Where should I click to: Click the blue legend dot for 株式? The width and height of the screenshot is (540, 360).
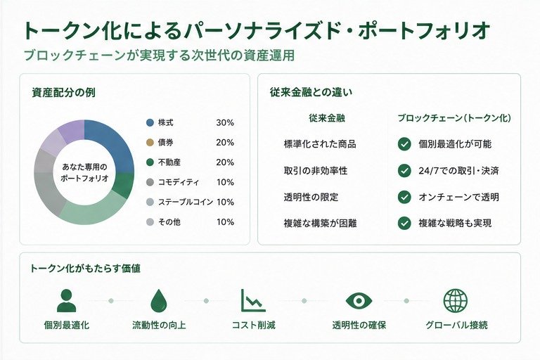tap(150, 122)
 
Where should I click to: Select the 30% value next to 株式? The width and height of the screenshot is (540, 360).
tap(225, 122)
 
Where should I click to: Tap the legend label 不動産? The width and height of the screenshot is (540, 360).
tap(169, 162)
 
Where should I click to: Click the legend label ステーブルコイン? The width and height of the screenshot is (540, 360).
tap(186, 202)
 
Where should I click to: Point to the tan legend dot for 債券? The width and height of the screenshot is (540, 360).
tap(150, 142)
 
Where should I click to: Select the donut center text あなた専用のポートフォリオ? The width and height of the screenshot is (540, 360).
tap(84, 172)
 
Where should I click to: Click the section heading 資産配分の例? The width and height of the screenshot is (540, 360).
tap(64, 92)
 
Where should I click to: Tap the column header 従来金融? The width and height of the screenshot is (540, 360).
tap(327, 118)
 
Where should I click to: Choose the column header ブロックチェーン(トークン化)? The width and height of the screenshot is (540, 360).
tap(454, 118)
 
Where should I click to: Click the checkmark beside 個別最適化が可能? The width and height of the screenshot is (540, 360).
tap(404, 144)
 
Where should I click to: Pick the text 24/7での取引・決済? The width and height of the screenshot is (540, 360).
tap(458, 171)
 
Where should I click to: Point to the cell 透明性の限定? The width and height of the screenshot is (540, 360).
tap(311, 197)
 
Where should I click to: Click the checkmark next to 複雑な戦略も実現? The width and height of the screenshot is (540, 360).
tap(404, 223)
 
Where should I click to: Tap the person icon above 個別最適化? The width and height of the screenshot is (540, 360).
tap(66, 300)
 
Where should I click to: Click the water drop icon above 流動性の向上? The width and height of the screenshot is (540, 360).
tap(159, 300)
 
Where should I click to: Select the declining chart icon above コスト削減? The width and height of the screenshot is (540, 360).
tap(253, 300)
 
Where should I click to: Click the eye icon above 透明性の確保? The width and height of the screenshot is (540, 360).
tap(359, 301)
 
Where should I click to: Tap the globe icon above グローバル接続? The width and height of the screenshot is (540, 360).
tap(456, 300)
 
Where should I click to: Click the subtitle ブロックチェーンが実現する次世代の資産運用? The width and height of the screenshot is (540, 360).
tap(159, 56)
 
